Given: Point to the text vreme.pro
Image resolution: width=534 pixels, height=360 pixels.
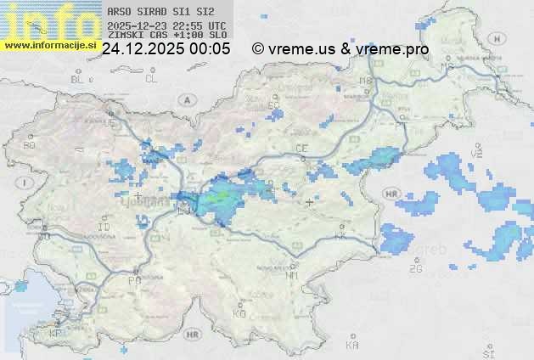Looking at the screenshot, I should coord(392,49).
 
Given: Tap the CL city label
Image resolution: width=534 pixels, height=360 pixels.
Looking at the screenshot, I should coord(151,79).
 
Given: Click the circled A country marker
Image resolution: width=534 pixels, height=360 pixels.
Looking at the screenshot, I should coord(186,99).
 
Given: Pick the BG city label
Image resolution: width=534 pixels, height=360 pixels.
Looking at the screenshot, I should coord(30,146).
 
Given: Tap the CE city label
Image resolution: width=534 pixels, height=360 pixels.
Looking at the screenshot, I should coord(301,149).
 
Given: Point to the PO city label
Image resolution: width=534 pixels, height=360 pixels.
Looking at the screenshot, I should coord(133,280).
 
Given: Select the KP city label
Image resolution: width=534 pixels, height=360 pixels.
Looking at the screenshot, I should coord(56,334).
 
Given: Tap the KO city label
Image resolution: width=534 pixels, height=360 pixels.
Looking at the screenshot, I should coord(239,313).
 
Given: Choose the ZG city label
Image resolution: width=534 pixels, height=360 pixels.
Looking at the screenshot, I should coord(415,269).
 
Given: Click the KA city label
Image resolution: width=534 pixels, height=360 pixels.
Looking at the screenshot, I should coord(352,346).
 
